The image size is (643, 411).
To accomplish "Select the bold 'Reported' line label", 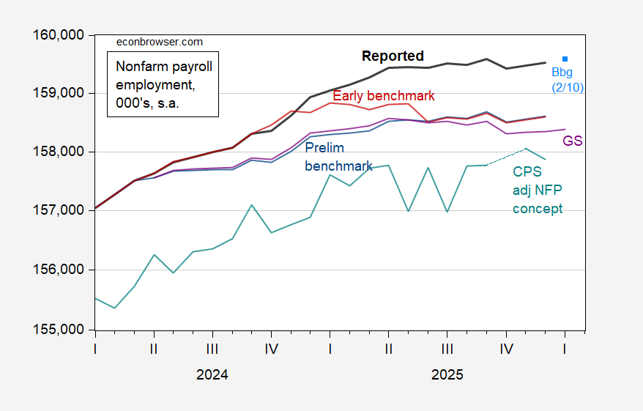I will pyautogui.click(x=393, y=56).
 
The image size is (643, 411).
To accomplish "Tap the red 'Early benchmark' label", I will pyautogui.click(x=383, y=96).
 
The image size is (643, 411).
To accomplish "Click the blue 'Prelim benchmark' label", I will pyautogui.click(x=338, y=157).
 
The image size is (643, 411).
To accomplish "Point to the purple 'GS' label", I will pyautogui.click(x=572, y=141).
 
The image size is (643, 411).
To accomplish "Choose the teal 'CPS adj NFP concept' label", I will pyautogui.click(x=538, y=190).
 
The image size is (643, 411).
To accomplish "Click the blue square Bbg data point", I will pyautogui.click(x=565, y=59).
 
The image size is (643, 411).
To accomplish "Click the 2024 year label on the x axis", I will pyautogui.click(x=212, y=374).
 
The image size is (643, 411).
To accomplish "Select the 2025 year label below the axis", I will pyautogui.click(x=447, y=374).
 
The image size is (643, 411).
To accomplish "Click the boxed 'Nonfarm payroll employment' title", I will pyautogui.click(x=164, y=84).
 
